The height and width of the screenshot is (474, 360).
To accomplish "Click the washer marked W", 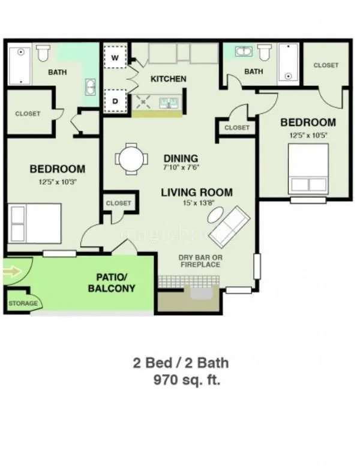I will click(x=115, y=58).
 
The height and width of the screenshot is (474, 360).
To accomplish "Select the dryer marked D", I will click(x=115, y=101).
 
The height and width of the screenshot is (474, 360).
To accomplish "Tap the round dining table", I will click(x=131, y=159).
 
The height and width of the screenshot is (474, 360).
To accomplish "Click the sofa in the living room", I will click(x=229, y=226).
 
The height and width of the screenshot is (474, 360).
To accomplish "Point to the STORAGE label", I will click(x=23, y=304).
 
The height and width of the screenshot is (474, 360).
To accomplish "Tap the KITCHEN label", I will click(x=168, y=79).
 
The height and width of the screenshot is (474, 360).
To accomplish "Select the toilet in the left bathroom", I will click(x=42, y=54).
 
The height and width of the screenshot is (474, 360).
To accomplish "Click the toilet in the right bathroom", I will click(x=265, y=54).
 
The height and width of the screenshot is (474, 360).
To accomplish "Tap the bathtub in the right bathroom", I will click(x=289, y=62).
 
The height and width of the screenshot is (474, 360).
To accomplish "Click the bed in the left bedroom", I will click(x=35, y=224).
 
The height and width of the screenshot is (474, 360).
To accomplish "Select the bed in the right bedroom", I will click(x=308, y=170).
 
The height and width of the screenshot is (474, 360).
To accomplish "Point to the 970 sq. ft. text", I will click(x=187, y=379).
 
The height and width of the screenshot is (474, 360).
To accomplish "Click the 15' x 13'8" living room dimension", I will click(x=196, y=204).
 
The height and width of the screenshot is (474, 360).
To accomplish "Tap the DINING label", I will click(x=181, y=158).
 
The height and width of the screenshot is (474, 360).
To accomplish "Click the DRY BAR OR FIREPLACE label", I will click(x=200, y=261).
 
